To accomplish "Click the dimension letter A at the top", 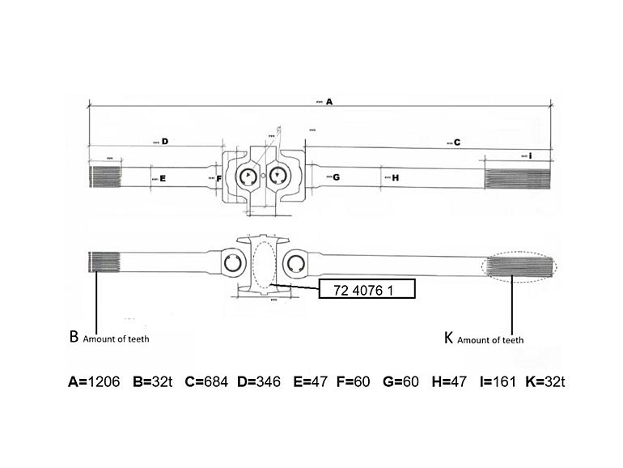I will [x=329, y=103].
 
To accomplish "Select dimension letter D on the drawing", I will [x=164, y=141].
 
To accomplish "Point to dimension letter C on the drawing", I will [x=456, y=143].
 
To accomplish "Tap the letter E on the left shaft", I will [x=163, y=178].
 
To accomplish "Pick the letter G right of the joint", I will [x=336, y=177].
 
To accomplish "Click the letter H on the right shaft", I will [x=395, y=178].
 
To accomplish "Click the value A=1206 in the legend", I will [x=93, y=381].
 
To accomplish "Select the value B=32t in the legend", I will [x=153, y=381].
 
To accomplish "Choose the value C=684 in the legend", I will [x=208, y=381].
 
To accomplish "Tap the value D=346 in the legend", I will [x=259, y=381].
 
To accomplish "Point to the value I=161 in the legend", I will [x=498, y=381].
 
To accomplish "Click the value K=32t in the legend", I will [x=545, y=381].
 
